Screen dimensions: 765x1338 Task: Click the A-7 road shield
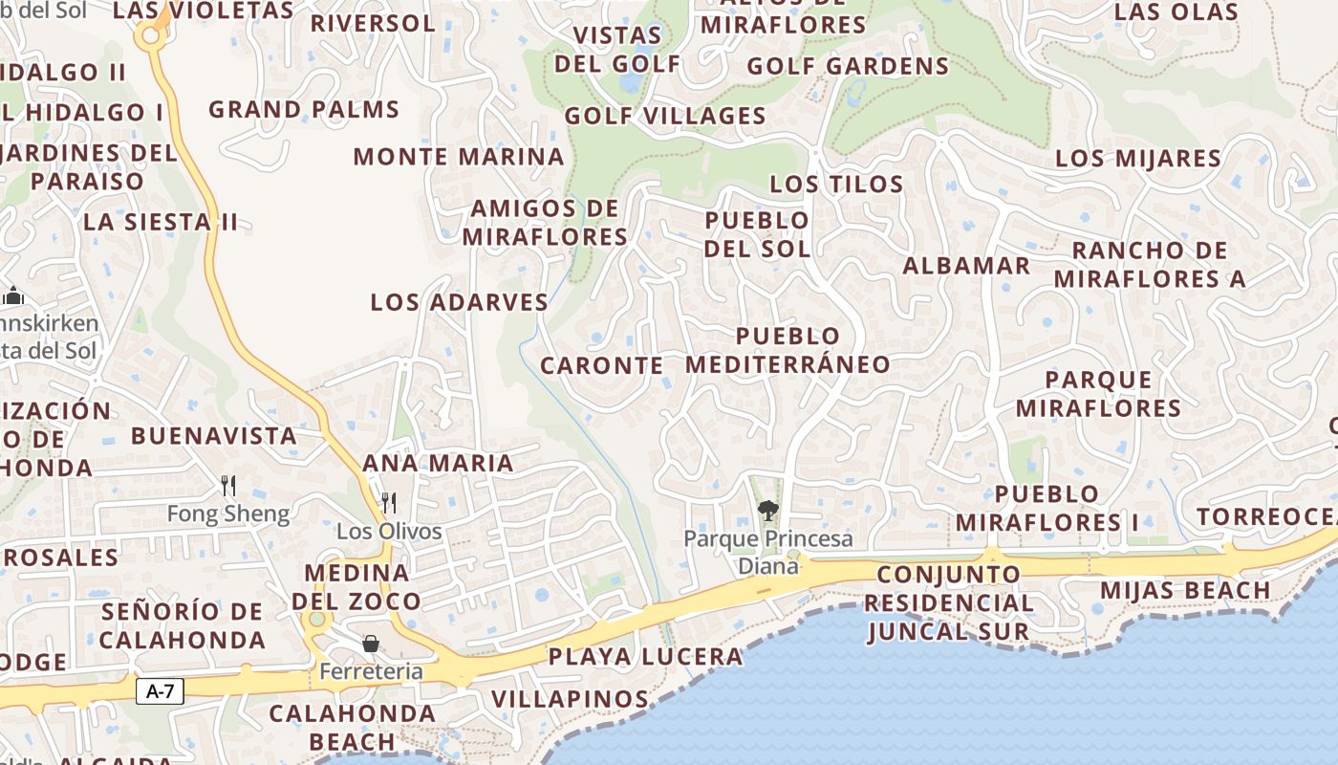click(160, 690)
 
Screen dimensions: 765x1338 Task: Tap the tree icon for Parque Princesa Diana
click(767, 510)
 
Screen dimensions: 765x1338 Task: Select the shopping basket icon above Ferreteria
click(371, 644)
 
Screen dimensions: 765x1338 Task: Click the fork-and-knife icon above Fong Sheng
click(228, 486)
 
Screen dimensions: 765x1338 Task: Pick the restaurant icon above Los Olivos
click(389, 503)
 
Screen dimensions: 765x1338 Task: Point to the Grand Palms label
click(304, 110)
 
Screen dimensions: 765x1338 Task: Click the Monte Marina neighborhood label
click(459, 157)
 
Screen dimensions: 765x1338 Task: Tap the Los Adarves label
click(459, 303)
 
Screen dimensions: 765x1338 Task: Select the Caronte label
click(602, 366)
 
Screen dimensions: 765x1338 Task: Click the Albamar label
click(966, 266)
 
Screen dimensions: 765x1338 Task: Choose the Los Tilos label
click(836, 185)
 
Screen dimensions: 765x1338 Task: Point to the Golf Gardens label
click(848, 67)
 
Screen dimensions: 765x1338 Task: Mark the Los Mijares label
click(1137, 159)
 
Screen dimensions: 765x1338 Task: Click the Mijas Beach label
click(1185, 590)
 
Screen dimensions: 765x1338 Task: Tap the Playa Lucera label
click(645, 657)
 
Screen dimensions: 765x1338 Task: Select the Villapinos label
click(571, 699)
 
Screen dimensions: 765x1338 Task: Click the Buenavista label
click(214, 436)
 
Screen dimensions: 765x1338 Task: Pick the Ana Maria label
click(438, 464)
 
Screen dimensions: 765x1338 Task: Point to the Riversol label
click(372, 23)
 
